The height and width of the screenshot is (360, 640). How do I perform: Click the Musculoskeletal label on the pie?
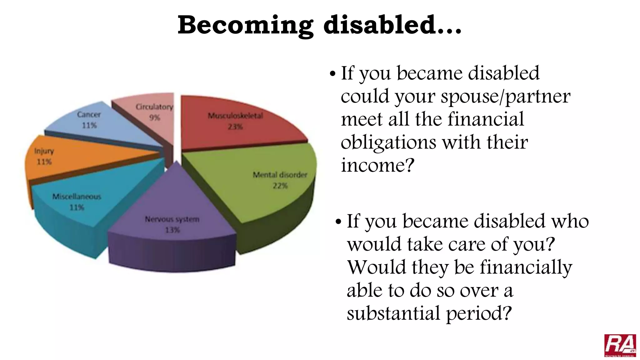[x=235, y=116]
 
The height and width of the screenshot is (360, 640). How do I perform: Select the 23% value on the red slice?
[x=235, y=127]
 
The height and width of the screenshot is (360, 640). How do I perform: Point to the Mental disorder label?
[x=280, y=175]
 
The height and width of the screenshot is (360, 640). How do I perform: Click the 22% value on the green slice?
[x=280, y=186]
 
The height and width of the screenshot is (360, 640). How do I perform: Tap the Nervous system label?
[x=172, y=219]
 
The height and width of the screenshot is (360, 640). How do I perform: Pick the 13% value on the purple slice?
[x=172, y=230]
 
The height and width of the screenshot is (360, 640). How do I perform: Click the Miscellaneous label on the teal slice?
[x=77, y=197]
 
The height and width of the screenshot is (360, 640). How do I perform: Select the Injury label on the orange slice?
[x=44, y=151]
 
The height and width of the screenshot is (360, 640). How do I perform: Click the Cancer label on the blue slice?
[x=89, y=114]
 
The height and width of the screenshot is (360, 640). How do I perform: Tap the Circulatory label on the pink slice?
[x=154, y=107]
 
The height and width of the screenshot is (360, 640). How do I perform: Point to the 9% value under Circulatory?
[x=154, y=118]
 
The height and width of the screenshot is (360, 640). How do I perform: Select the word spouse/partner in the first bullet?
[x=505, y=96]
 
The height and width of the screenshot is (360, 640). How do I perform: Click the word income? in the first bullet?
[x=377, y=165]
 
